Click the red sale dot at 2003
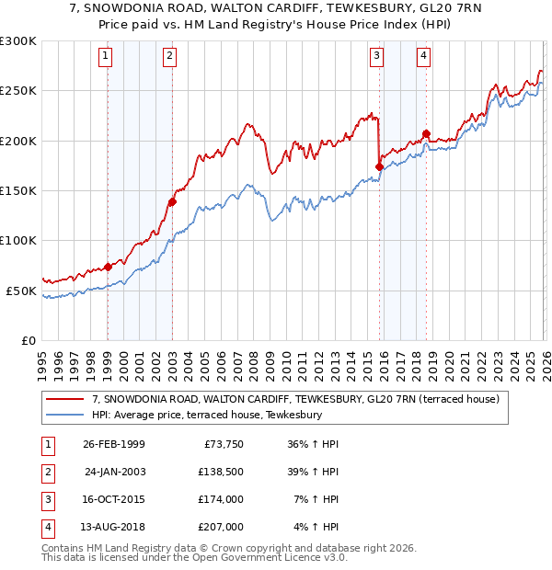(x=172, y=201)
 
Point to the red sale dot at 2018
(x=426, y=133)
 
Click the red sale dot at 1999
(x=108, y=267)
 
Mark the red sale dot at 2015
(x=379, y=166)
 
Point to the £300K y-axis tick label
(x=18, y=41)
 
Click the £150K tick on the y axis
(x=18, y=190)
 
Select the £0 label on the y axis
(x=28, y=340)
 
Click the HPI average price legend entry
(x=206, y=415)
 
